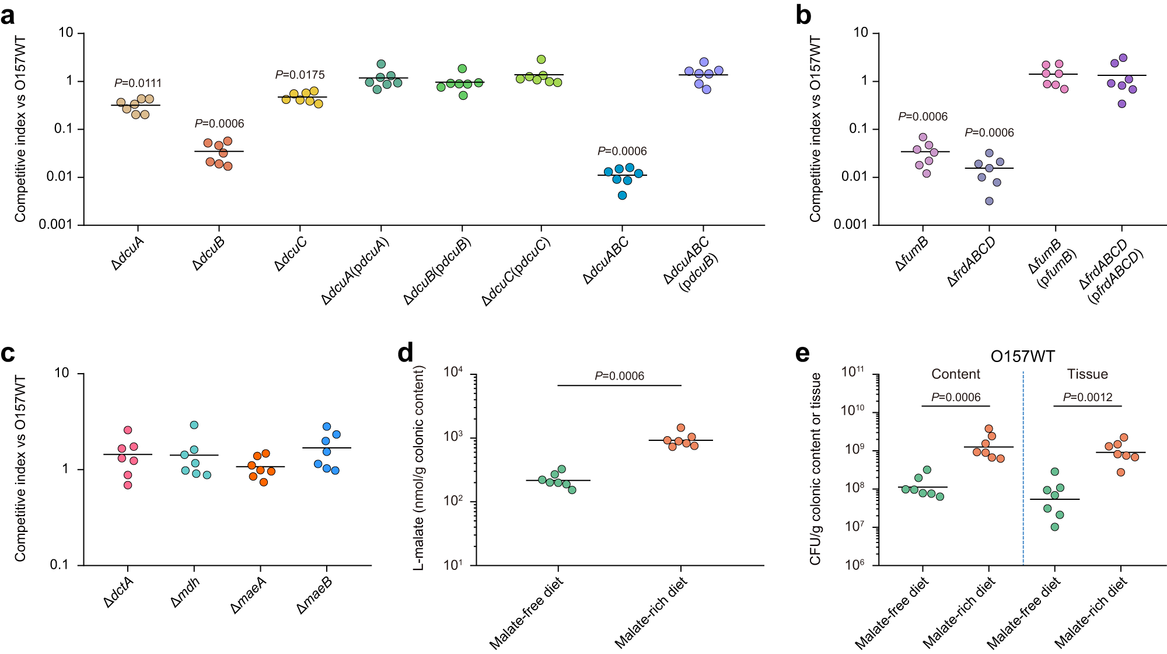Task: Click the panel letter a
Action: tap(8, 16)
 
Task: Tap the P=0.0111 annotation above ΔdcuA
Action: tap(138, 84)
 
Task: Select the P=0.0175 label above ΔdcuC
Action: tap(300, 75)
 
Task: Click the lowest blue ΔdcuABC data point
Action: tap(622, 195)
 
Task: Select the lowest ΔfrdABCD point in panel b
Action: tap(989, 201)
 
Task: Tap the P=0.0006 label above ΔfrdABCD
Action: tap(989, 133)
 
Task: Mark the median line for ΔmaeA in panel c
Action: tap(260, 467)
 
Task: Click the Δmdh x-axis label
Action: tap(186, 593)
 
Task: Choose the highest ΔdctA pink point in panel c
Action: tap(128, 430)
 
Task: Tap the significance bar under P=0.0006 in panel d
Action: tap(619, 385)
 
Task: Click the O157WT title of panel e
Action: tap(1022, 356)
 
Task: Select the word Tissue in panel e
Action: tap(1087, 374)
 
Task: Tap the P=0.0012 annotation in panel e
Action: tap(1088, 398)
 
